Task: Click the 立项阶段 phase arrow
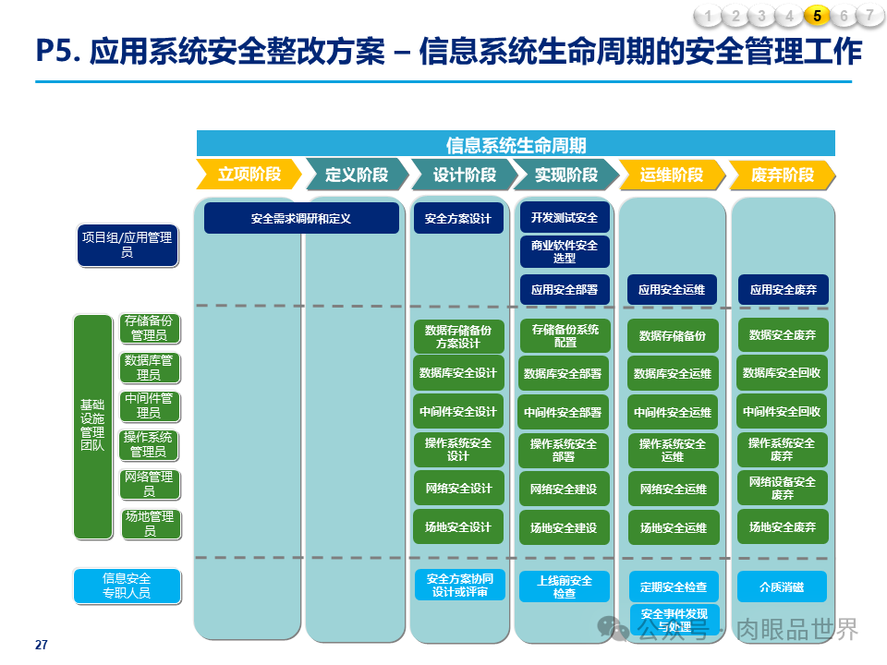[249, 175]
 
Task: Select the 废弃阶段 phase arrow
[782, 175]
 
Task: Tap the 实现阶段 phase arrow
[565, 175]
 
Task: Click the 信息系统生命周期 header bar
[516, 144]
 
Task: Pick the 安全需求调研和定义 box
[301, 219]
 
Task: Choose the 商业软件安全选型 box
[565, 251]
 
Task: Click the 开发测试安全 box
[565, 218]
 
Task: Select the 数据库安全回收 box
[782, 373]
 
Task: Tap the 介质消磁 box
[782, 586]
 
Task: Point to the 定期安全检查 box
[674, 586]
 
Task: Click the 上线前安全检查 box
[565, 586]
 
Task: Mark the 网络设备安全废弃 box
[782, 488]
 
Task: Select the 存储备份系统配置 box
[565, 335]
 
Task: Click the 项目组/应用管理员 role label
[127, 245]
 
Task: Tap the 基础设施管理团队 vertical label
[92, 426]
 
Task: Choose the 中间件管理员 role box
[148, 405]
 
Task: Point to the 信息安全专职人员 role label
[127, 586]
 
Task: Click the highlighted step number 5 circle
[817, 15]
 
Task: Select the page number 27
[41, 645]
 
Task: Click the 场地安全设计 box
[458, 527]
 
